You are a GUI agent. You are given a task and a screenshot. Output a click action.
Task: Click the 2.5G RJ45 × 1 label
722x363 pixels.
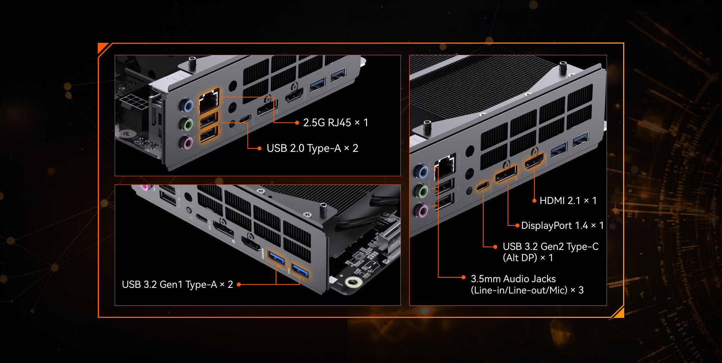pos(335,123)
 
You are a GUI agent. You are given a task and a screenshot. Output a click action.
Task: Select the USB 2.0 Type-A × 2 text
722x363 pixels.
pos(312,148)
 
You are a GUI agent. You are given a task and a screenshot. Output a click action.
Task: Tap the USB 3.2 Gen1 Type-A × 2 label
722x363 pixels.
pos(177,284)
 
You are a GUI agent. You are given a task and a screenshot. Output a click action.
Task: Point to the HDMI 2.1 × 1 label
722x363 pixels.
pos(568,201)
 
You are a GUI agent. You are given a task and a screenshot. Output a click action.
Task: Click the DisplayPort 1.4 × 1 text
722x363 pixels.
pos(562,225)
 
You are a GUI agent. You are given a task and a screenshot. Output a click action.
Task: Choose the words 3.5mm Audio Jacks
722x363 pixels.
pos(513,279)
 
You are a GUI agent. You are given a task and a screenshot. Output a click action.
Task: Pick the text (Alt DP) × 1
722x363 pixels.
pos(528,258)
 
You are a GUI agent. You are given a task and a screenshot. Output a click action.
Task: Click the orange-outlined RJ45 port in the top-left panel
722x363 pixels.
pos(209,101)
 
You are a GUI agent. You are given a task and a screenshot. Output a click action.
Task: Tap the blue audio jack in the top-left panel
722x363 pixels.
pos(187,106)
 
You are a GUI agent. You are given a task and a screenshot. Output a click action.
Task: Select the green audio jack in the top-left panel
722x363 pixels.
pos(187,124)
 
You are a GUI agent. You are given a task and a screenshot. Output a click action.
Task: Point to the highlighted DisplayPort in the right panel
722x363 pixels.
pos(506,174)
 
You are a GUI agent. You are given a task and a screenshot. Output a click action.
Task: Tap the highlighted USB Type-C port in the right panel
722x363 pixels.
pos(483,186)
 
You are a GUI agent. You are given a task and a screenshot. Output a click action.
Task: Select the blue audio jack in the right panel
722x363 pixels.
pos(422,171)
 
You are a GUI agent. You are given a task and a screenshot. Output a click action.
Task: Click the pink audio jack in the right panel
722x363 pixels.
pos(422,210)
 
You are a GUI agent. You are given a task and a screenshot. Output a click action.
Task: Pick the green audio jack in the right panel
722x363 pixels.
pos(422,191)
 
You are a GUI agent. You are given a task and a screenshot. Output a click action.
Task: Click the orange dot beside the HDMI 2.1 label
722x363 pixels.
pos(534,201)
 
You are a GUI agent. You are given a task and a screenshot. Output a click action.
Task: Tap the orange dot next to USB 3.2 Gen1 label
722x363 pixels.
pos(238,284)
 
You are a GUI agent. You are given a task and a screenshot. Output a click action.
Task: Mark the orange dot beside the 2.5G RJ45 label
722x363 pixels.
pos(297,123)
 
